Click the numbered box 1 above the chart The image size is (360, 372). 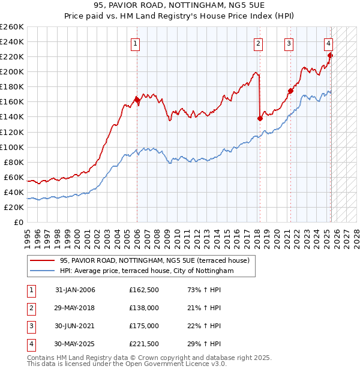136,44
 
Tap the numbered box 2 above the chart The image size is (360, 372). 258,44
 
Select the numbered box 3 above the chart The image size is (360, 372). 289,44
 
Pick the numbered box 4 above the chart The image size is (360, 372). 329,44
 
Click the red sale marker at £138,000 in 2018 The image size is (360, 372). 260,118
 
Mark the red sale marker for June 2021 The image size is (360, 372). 290,91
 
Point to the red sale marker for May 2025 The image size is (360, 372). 330,56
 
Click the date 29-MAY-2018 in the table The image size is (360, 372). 74,308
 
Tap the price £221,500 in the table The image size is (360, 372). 144,344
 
